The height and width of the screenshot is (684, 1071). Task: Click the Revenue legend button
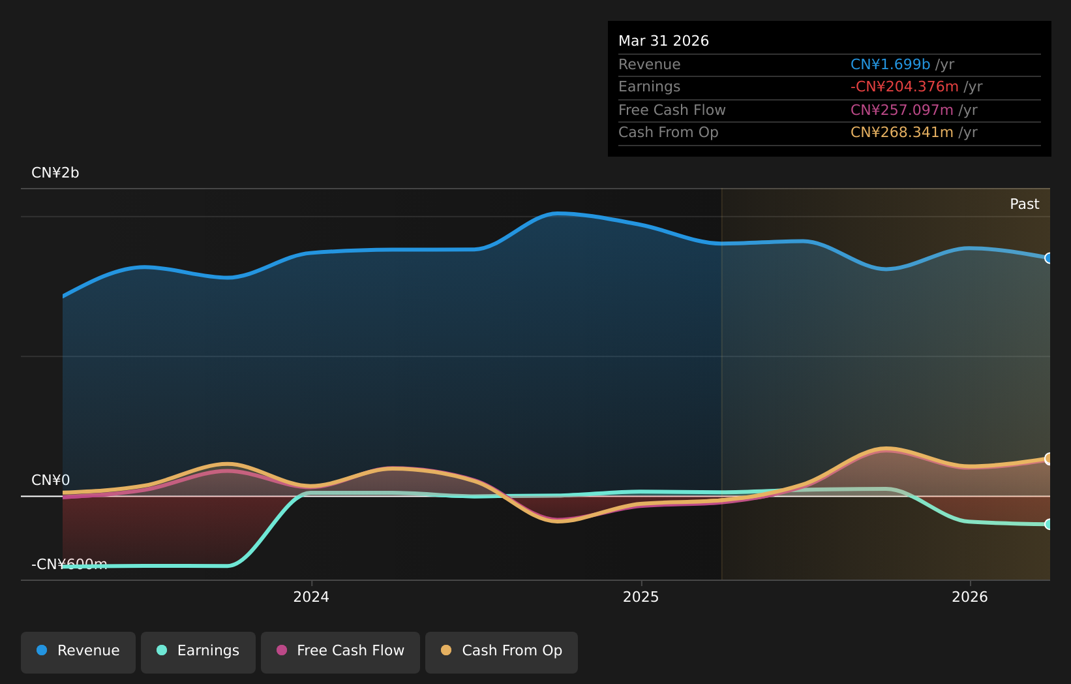point(78,653)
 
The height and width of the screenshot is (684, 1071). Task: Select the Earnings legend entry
point(198,653)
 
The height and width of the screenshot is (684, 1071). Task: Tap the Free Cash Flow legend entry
point(340,653)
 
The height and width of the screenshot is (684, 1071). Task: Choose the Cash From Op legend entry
point(501,653)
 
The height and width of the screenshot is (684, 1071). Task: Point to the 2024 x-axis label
point(311,597)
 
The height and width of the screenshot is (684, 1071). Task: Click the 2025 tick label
point(641,597)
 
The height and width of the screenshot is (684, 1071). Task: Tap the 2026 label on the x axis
point(970,597)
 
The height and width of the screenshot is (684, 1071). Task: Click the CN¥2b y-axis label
point(55,173)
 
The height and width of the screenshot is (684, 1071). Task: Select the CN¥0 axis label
point(51,480)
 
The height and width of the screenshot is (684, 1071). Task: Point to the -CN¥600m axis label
point(69,565)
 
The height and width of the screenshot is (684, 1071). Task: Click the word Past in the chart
point(1024,204)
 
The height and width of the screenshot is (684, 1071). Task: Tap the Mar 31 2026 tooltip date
point(663,41)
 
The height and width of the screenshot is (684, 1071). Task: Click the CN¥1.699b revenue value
point(890,64)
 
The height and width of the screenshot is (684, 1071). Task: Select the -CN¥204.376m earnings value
point(905,87)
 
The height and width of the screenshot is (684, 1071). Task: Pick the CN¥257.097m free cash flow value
point(902,110)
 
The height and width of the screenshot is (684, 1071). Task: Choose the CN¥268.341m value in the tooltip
point(902,132)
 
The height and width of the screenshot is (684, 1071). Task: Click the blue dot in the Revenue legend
point(42,650)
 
